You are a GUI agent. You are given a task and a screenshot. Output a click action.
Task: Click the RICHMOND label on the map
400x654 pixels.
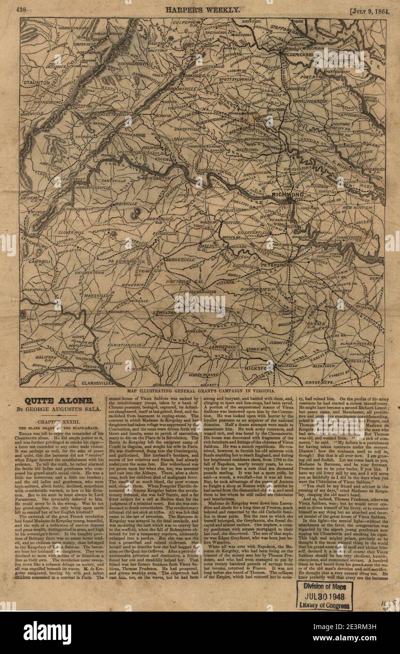[x=287, y=194]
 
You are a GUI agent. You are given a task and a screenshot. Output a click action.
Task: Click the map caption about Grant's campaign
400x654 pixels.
[x=202, y=391]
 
